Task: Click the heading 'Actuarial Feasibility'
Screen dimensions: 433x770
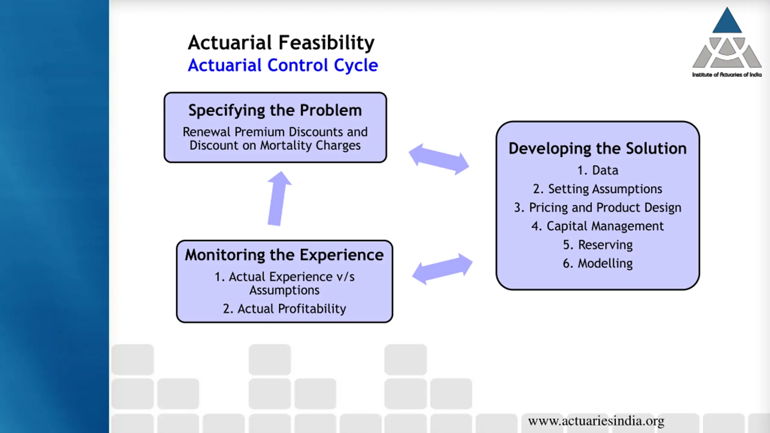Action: pyautogui.click(x=281, y=43)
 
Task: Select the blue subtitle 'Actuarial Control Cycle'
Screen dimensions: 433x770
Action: pyautogui.click(x=283, y=65)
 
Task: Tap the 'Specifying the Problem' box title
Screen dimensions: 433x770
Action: pyautogui.click(x=275, y=110)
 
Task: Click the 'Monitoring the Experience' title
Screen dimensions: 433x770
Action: pyautogui.click(x=284, y=255)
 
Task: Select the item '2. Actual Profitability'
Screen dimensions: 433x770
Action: pyautogui.click(x=284, y=309)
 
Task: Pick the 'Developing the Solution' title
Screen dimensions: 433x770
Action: pyautogui.click(x=598, y=149)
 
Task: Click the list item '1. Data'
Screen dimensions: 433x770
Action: pyautogui.click(x=598, y=170)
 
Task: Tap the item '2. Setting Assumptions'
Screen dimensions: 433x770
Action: pyautogui.click(x=598, y=189)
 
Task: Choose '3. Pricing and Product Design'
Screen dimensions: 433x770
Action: pyautogui.click(x=598, y=208)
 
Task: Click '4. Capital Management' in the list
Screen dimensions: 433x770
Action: pyautogui.click(x=598, y=226)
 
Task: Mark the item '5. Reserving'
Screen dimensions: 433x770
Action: pyautogui.click(x=598, y=245)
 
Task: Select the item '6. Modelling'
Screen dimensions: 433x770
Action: pyautogui.click(x=598, y=263)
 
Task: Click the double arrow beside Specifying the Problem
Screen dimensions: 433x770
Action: pyautogui.click(x=439, y=159)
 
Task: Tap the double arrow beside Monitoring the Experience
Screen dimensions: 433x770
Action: pyautogui.click(x=442, y=269)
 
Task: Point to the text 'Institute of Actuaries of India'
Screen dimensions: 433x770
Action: pyautogui.click(x=727, y=75)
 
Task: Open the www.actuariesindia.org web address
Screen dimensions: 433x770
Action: pyautogui.click(x=596, y=421)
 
